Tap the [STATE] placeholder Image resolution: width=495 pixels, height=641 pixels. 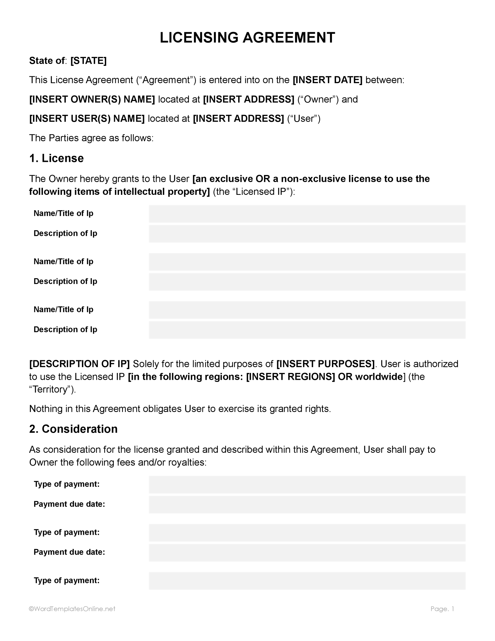88,61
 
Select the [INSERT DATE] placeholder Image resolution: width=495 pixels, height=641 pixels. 328,80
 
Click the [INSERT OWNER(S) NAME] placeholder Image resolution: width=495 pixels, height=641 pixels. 92,100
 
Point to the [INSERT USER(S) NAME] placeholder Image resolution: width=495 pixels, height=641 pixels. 87,119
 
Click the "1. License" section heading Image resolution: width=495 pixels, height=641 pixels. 56,158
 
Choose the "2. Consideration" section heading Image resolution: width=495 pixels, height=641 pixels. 73,429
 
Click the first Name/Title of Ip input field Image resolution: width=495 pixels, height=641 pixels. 307,214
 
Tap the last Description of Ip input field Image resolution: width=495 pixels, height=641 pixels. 307,330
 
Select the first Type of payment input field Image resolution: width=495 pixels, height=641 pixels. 307,485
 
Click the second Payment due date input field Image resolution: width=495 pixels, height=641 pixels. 307,553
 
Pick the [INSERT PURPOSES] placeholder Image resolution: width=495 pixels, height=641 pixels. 326,364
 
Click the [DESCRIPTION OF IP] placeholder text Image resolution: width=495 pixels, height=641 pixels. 79,364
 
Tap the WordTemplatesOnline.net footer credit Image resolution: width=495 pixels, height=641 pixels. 72,609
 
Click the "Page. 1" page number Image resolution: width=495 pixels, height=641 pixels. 442,609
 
